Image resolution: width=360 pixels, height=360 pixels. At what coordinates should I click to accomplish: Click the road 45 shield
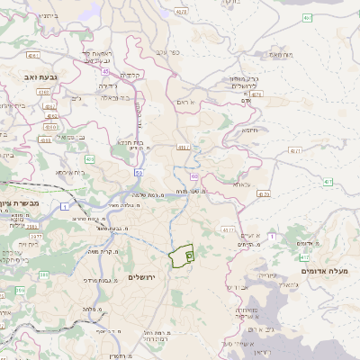click(105, 70)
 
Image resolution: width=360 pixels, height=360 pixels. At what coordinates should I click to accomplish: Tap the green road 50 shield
click(139, 170)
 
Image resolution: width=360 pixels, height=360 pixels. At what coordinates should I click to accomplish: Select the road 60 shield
click(194, 177)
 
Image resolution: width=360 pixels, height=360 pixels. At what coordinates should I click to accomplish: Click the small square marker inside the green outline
click(189, 256)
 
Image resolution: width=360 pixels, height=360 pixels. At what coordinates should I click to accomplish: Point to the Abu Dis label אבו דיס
click(238, 286)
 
